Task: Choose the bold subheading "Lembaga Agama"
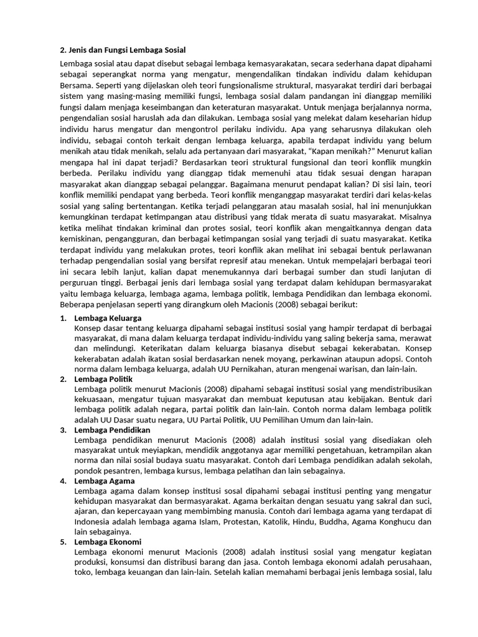(103, 481)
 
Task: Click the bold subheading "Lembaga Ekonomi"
(107, 542)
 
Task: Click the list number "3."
(63, 430)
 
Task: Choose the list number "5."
(63, 542)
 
